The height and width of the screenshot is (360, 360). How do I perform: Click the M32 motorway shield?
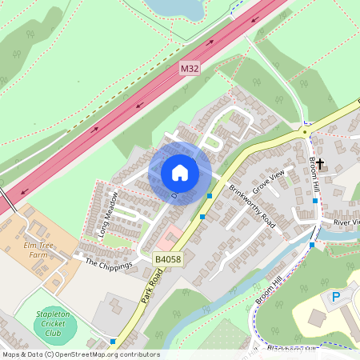coord(189,69)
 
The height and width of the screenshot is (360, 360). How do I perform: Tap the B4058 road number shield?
coord(168,260)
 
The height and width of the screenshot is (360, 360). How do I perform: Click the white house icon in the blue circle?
coord(180,172)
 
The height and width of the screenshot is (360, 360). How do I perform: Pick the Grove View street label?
coord(269,184)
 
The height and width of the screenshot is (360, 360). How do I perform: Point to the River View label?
coord(347,222)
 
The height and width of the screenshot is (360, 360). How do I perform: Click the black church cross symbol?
coord(320,164)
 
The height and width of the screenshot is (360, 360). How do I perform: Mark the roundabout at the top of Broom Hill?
coord(305,130)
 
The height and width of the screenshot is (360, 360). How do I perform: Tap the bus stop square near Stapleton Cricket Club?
coord(112,342)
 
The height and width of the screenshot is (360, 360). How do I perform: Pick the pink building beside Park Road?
coord(169,238)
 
